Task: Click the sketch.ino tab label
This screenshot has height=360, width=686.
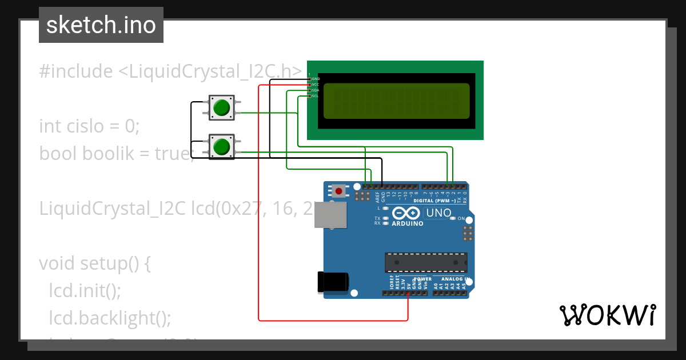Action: [x=101, y=25]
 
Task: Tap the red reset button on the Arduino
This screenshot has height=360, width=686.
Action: [x=340, y=191]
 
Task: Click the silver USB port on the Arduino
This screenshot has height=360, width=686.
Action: [x=331, y=214]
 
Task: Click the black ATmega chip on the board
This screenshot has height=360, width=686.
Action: [x=426, y=262]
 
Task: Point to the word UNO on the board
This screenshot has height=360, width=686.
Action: [x=439, y=214]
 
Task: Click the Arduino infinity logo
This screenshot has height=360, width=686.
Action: [x=407, y=214]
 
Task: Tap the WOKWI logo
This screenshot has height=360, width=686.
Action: [x=607, y=315]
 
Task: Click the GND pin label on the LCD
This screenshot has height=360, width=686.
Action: [x=315, y=78]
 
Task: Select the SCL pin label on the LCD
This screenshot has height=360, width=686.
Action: [x=315, y=96]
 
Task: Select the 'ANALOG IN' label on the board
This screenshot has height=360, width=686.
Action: [x=455, y=279]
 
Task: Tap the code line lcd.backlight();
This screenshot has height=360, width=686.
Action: [x=110, y=318]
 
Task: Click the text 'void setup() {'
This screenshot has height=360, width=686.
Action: [x=94, y=263]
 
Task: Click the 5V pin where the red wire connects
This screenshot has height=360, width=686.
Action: [x=408, y=293]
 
